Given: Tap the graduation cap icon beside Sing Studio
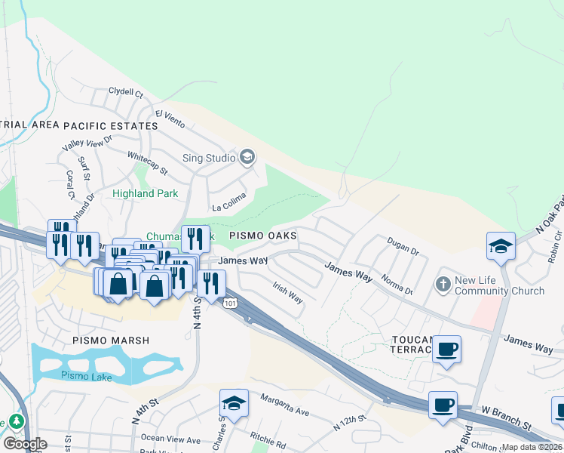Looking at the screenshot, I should [247, 157].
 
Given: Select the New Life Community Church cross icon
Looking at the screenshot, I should [443, 284].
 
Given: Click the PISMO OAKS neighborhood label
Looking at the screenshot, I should [262, 236].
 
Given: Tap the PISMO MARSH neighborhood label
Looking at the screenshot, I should [111, 341].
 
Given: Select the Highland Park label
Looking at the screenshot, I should [145, 193].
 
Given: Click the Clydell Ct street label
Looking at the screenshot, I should [125, 93].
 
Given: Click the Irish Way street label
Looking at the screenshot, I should [288, 294].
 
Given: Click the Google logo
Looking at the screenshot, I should [24, 444].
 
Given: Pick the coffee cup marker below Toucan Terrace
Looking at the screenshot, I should [447, 350].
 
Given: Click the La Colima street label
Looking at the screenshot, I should [229, 205].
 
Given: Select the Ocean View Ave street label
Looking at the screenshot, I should [171, 439].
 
